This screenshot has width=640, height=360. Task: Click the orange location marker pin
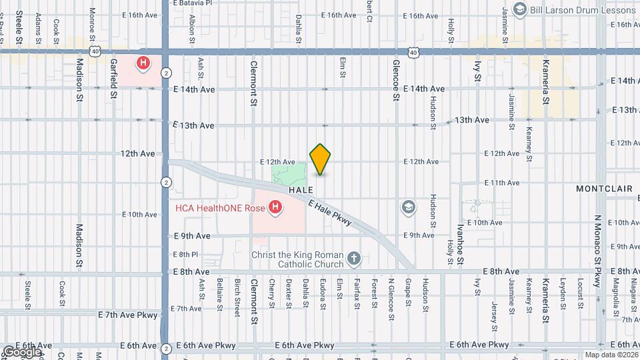tap(321, 159)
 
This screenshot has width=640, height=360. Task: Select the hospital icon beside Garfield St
tap(143, 64)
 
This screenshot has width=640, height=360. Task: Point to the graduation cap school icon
tap(407, 208)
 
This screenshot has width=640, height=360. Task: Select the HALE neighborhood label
tap(301, 190)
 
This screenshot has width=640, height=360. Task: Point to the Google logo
tap(22, 351)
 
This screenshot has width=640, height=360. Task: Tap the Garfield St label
tap(114, 79)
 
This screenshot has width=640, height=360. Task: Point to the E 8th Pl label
tap(185, 255)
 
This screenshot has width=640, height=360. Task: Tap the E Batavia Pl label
tap(192, 3)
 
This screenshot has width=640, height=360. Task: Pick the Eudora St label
tap(323, 293)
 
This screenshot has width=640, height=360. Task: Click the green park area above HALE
tap(289, 175)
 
